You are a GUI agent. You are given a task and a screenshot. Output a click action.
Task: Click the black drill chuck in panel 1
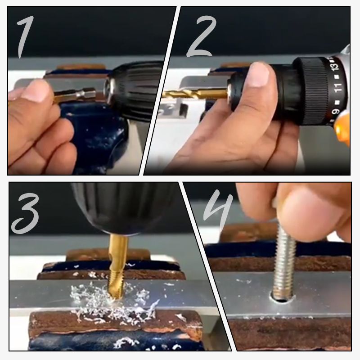(135, 90)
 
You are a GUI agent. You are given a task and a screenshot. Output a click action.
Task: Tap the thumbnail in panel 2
(259, 75)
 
